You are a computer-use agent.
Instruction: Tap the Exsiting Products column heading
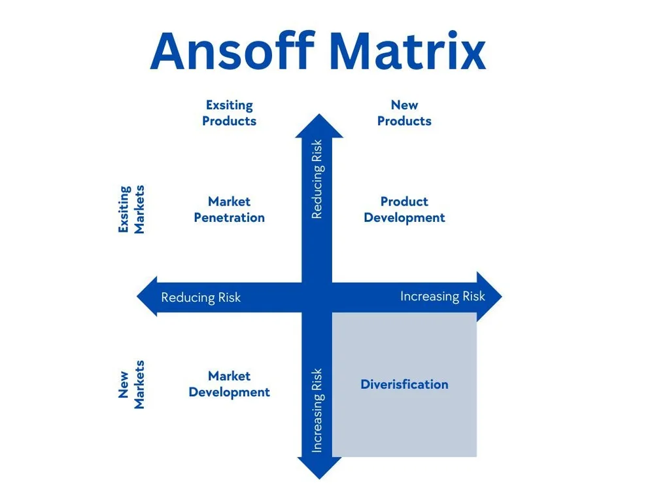pyautogui.click(x=229, y=113)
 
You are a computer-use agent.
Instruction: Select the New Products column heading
pyautogui.click(x=404, y=113)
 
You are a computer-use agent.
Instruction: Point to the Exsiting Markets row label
pyautogui.click(x=131, y=209)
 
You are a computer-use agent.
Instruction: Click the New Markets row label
pyautogui.click(x=131, y=384)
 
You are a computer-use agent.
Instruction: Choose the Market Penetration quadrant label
pyautogui.click(x=229, y=209)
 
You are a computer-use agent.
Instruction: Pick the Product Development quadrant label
pyautogui.click(x=404, y=209)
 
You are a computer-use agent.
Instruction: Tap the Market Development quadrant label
pyautogui.click(x=229, y=384)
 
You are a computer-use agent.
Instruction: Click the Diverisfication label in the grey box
pyautogui.click(x=404, y=384)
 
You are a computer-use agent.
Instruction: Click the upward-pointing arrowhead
pyautogui.click(x=318, y=126)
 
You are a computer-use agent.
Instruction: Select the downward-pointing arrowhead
pyautogui.click(x=318, y=467)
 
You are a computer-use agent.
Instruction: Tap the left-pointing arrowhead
pyautogui.click(x=148, y=297)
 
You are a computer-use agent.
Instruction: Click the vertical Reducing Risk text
pyautogui.click(x=317, y=179)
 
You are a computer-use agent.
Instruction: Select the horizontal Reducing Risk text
pyautogui.click(x=201, y=298)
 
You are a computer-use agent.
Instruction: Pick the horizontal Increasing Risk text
pyautogui.click(x=443, y=297)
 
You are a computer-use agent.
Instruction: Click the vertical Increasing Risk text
pyautogui.click(x=317, y=410)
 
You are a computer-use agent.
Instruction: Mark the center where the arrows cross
pyautogui.click(x=318, y=297)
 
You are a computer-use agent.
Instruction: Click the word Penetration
pyautogui.click(x=229, y=217)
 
